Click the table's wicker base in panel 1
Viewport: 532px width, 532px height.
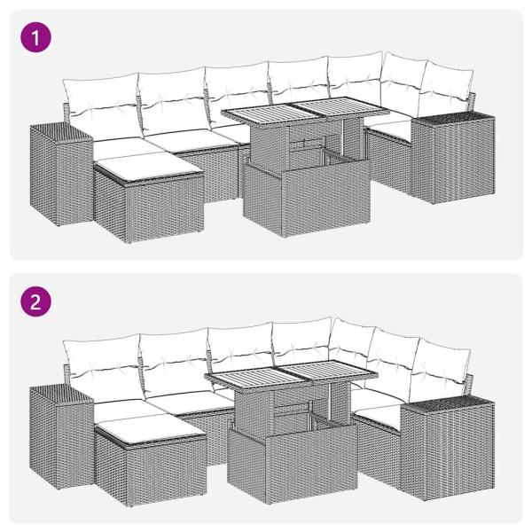303,200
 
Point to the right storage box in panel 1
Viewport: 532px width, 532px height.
452,158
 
